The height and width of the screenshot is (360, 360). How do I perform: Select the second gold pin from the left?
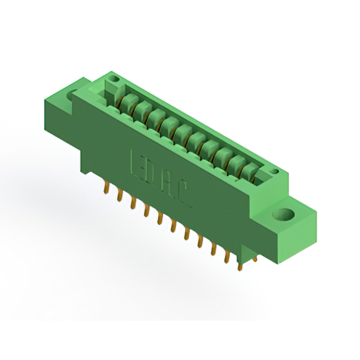point(119,196)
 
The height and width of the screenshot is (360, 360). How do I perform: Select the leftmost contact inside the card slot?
point(128,103)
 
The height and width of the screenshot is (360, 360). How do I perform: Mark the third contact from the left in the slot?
point(155,118)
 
